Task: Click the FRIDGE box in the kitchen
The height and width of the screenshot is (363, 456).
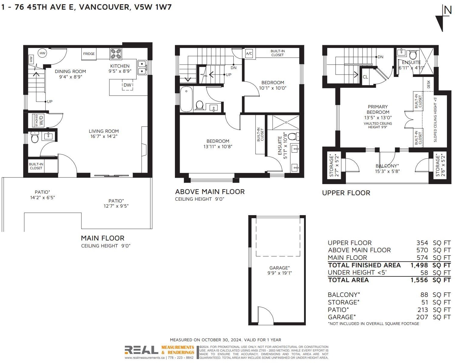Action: pyautogui.click(x=89, y=54)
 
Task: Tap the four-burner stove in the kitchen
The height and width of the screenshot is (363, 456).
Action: pyautogui.click(x=116, y=54)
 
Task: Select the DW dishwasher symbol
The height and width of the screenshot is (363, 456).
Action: pyautogui.click(x=128, y=84)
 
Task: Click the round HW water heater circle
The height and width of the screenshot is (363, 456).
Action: pyautogui.click(x=43, y=53)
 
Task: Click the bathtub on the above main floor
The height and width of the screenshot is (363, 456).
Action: pyautogui.click(x=186, y=99)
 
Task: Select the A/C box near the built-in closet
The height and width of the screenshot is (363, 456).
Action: pyautogui.click(x=249, y=53)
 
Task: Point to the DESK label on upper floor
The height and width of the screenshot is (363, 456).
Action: pyautogui.click(x=429, y=84)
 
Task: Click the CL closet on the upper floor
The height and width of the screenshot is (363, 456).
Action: pyautogui.click(x=366, y=77)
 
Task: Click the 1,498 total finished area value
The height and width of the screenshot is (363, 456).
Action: pyautogui.click(x=419, y=265)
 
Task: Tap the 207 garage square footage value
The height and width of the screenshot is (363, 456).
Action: pyautogui.click(x=422, y=317)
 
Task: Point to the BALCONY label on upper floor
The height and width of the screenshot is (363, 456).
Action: pyautogui.click(x=387, y=166)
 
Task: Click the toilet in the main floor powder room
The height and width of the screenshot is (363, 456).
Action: pyautogui.click(x=35, y=137)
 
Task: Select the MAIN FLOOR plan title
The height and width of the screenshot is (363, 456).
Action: pyautogui.click(x=103, y=238)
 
